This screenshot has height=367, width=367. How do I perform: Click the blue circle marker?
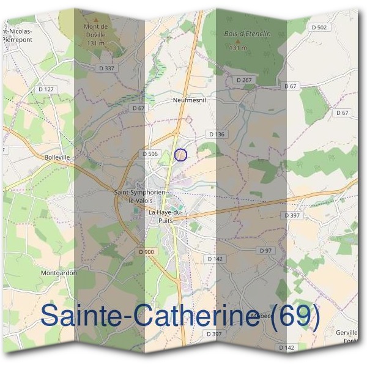[x=180, y=155]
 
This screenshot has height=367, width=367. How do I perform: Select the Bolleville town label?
[x=58, y=157]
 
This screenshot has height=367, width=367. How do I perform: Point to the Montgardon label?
[x=59, y=273]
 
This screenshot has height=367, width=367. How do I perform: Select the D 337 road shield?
[x=105, y=68]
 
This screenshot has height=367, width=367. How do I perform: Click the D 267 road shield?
[x=243, y=80]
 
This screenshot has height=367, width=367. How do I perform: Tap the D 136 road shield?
[x=217, y=134]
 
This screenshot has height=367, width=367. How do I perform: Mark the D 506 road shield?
[x=150, y=154]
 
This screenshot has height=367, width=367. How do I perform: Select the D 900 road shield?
[x=146, y=251]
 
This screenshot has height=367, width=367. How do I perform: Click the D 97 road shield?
[x=265, y=251]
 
